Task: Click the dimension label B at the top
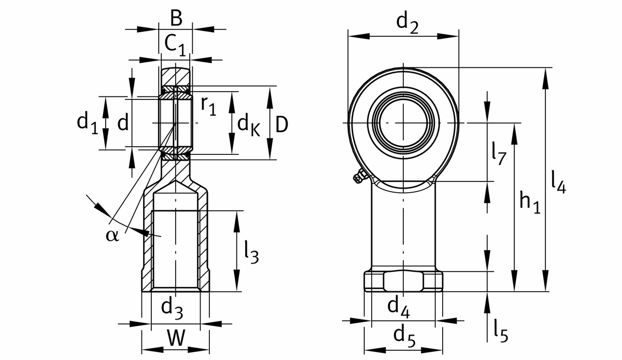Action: [176, 19]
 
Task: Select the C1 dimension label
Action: [175, 45]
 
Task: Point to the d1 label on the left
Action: [87, 123]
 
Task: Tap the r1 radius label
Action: [208, 105]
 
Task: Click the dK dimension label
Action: [248, 124]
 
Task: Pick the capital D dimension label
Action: [281, 124]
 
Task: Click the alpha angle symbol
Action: [112, 236]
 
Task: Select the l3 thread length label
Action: [251, 252]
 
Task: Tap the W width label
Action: [176, 338]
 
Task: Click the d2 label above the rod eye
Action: [407, 22]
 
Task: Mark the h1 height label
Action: [530, 202]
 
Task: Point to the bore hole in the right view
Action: [403, 123]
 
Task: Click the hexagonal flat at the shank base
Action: [403, 281]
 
